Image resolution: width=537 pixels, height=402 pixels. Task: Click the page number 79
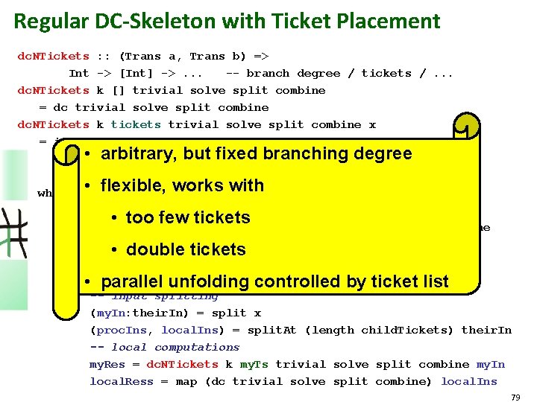pyautogui.click(x=515, y=398)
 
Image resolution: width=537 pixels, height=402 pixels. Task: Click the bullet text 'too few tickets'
pyautogui.click(x=188, y=217)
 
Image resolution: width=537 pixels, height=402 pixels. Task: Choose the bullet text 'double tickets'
pyautogui.click(x=186, y=249)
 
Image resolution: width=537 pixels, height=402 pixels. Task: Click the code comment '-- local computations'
pyautogui.click(x=165, y=347)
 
